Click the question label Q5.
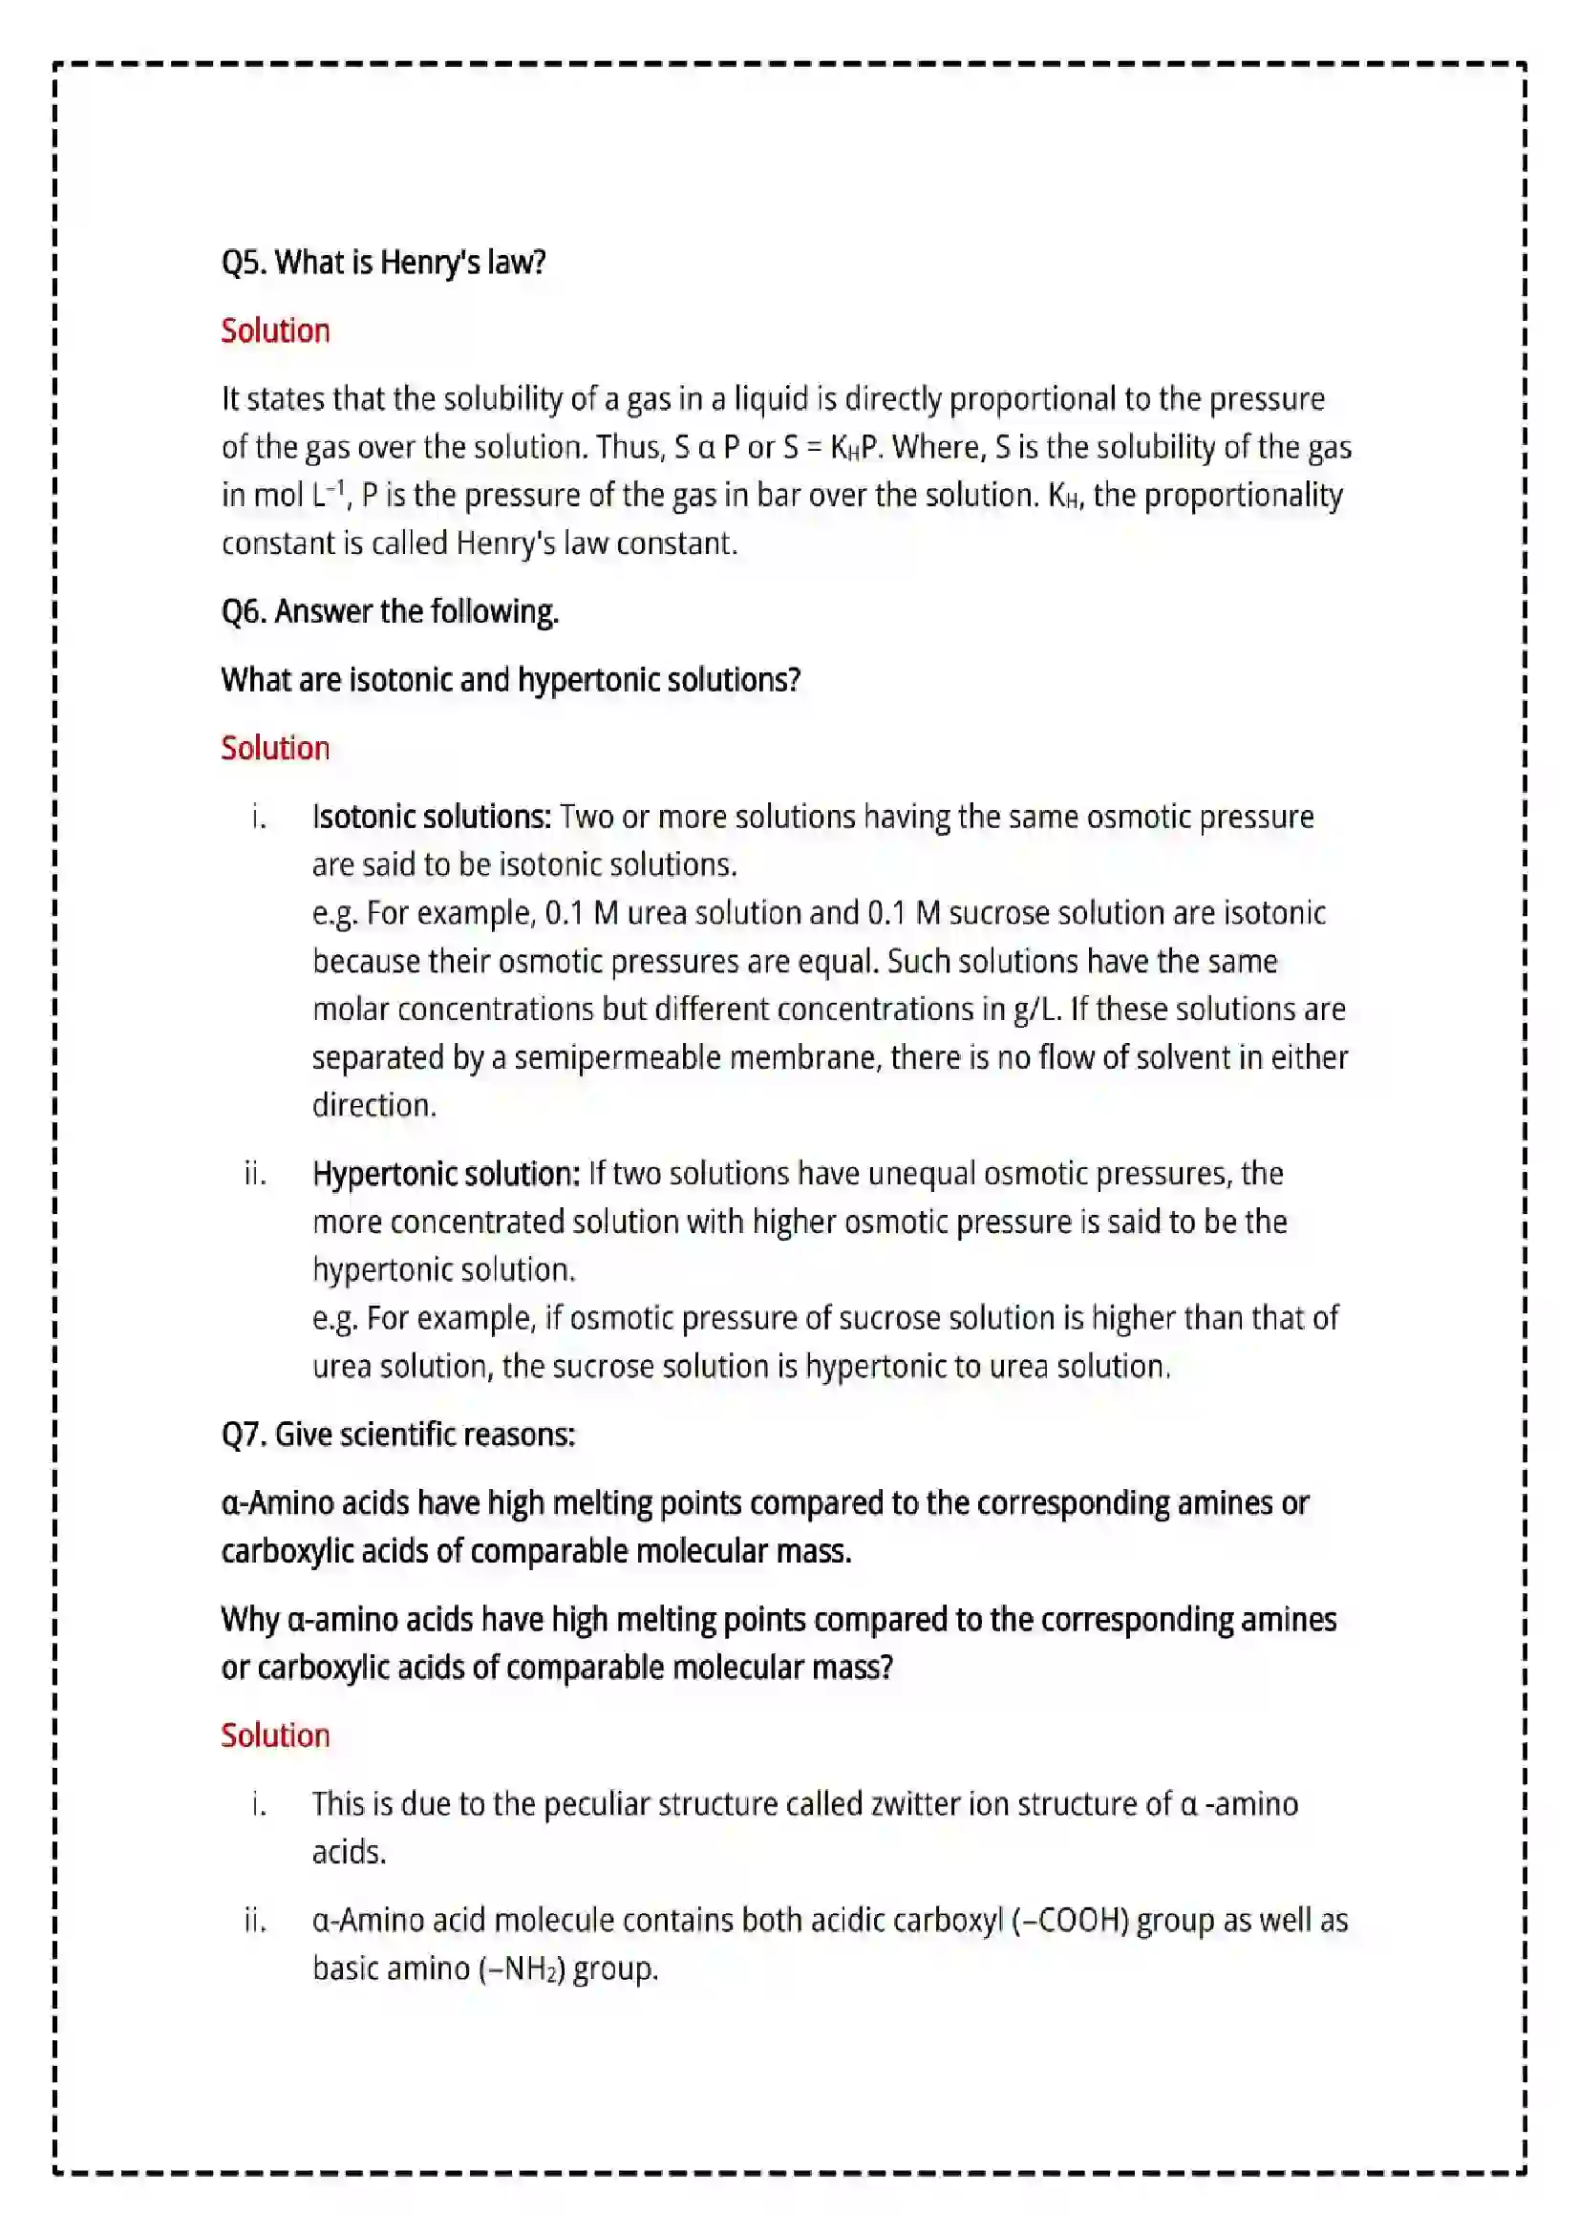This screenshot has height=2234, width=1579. [245, 263]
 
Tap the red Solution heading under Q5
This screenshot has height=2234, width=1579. [275, 330]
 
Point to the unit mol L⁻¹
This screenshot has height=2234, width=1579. [283, 496]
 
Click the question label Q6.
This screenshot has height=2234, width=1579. [245, 612]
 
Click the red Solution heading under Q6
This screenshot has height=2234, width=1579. [275, 748]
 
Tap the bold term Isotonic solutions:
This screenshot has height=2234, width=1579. [432, 817]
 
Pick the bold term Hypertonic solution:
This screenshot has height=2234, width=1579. [446, 1175]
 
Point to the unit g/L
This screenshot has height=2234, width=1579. [1035, 1009]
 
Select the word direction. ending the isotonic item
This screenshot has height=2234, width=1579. [374, 1105]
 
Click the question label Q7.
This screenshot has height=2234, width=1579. [245, 1435]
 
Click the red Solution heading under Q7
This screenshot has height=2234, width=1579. [275, 1735]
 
